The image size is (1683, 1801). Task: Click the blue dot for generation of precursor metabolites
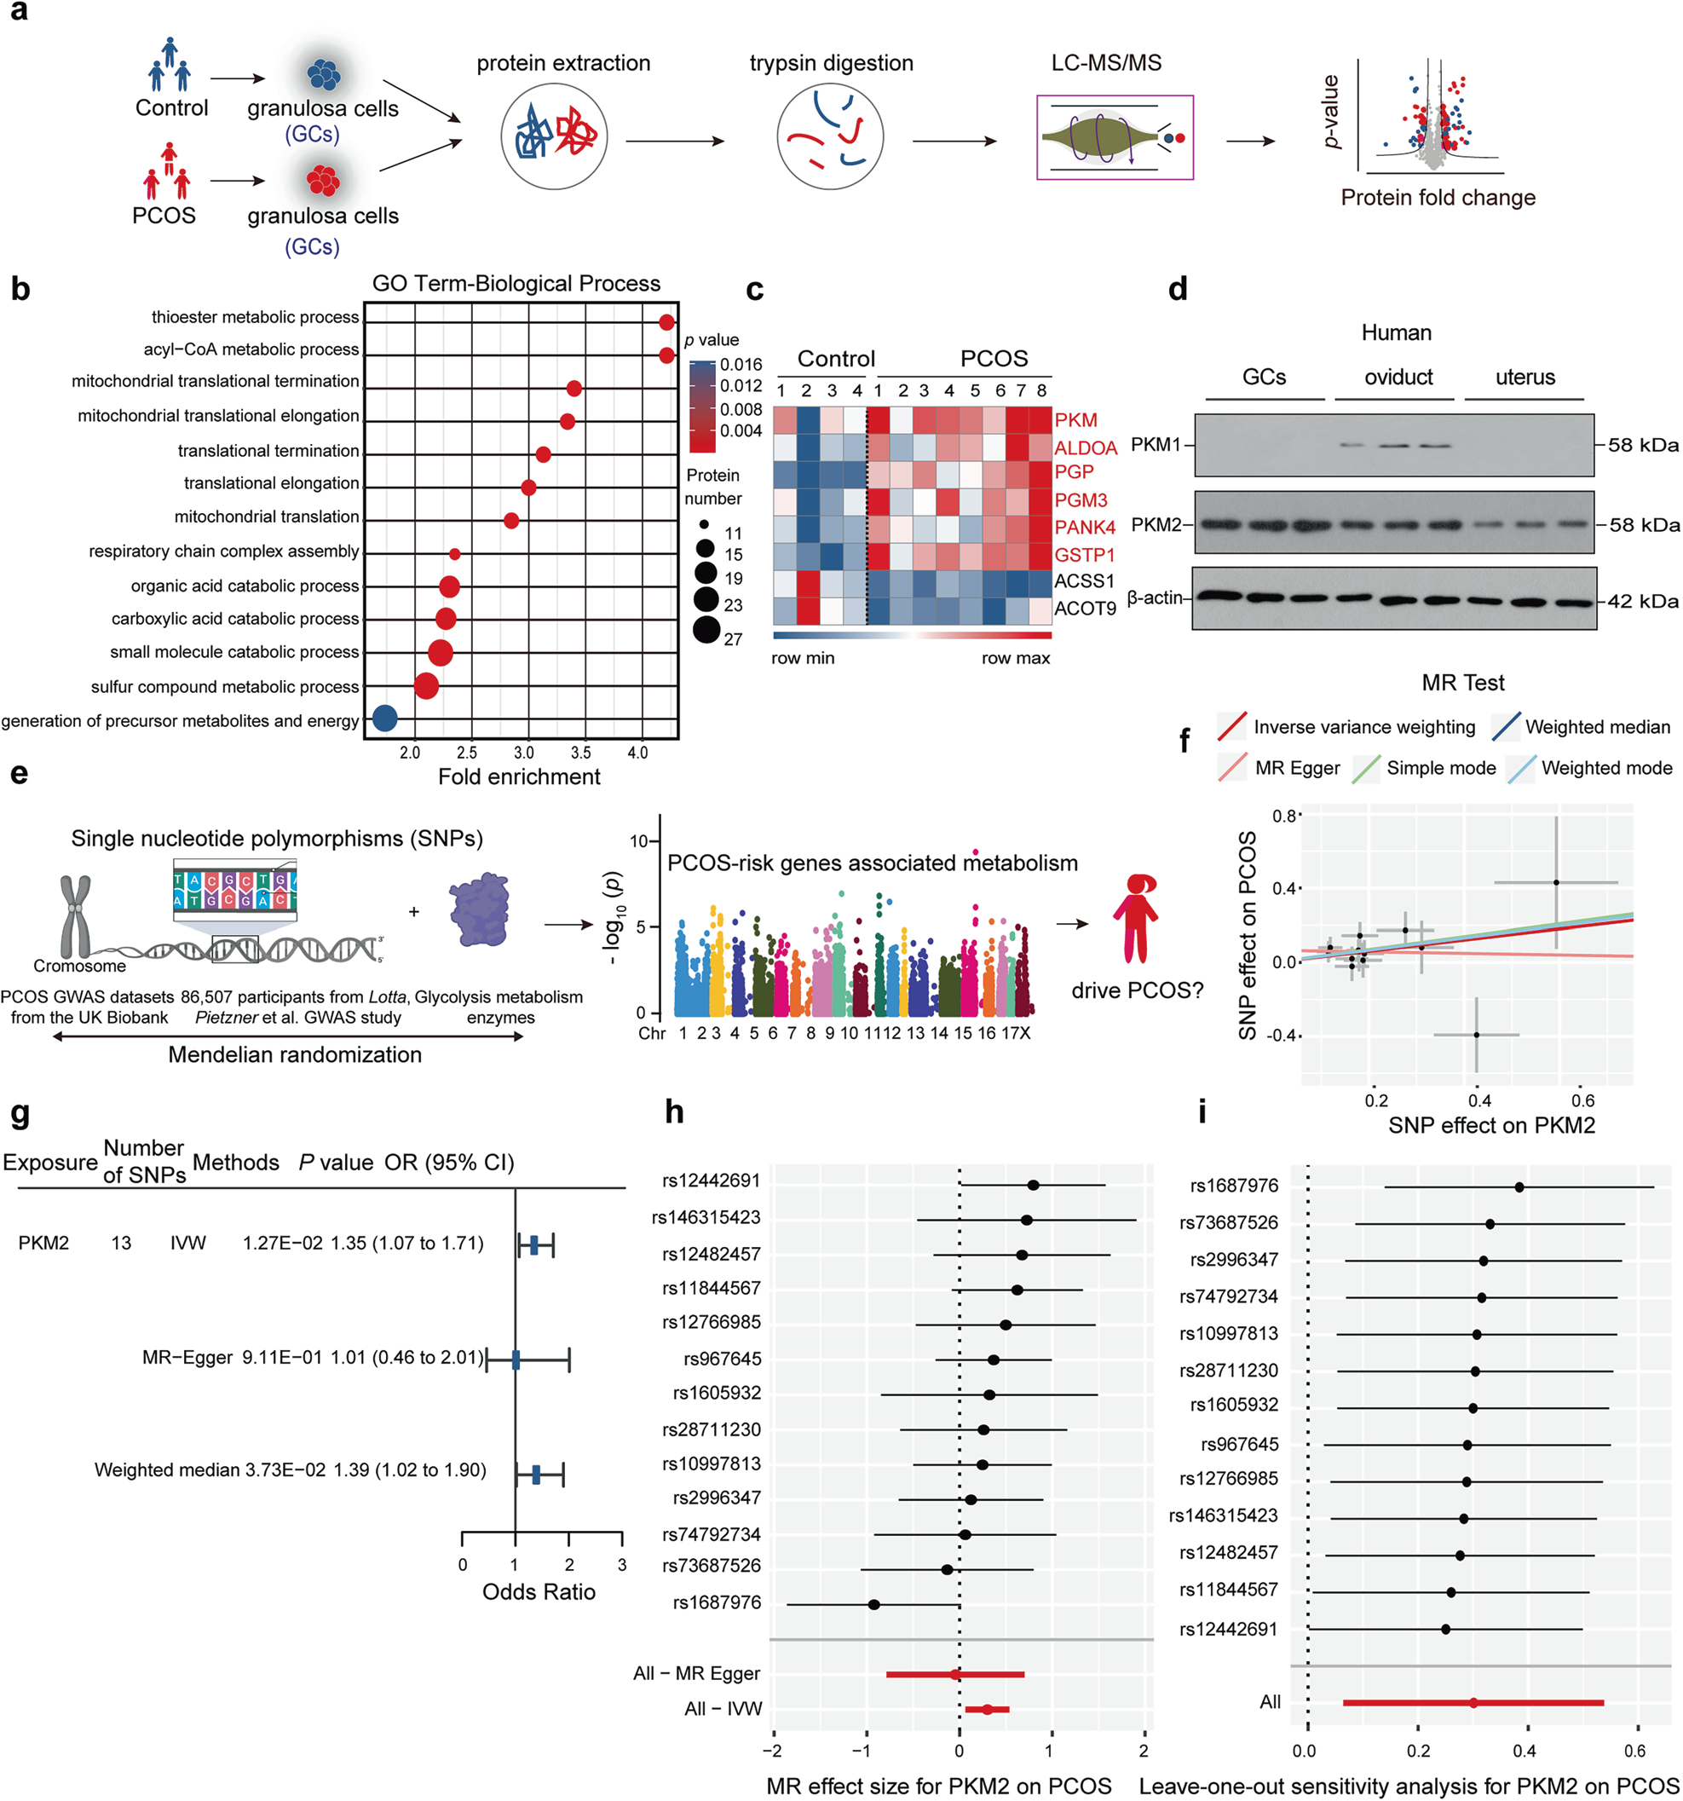tap(384, 719)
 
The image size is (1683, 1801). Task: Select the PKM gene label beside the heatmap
tap(1075, 420)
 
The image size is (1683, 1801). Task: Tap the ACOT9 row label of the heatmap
tap(1084, 609)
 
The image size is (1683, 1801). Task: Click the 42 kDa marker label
tap(1643, 602)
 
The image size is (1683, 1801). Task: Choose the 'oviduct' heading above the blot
tap(1398, 377)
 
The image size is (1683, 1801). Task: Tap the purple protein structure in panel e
tap(480, 909)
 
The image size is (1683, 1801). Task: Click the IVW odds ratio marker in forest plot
tap(534, 1244)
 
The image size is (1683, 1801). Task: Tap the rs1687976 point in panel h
tap(874, 1604)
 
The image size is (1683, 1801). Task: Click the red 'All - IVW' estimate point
tap(987, 1710)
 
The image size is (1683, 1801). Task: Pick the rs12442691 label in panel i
tap(1227, 1630)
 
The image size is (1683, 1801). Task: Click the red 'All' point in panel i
tap(1473, 1703)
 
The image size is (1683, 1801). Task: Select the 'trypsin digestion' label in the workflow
tap(831, 63)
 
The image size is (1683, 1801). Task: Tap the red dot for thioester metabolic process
tap(666, 322)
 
